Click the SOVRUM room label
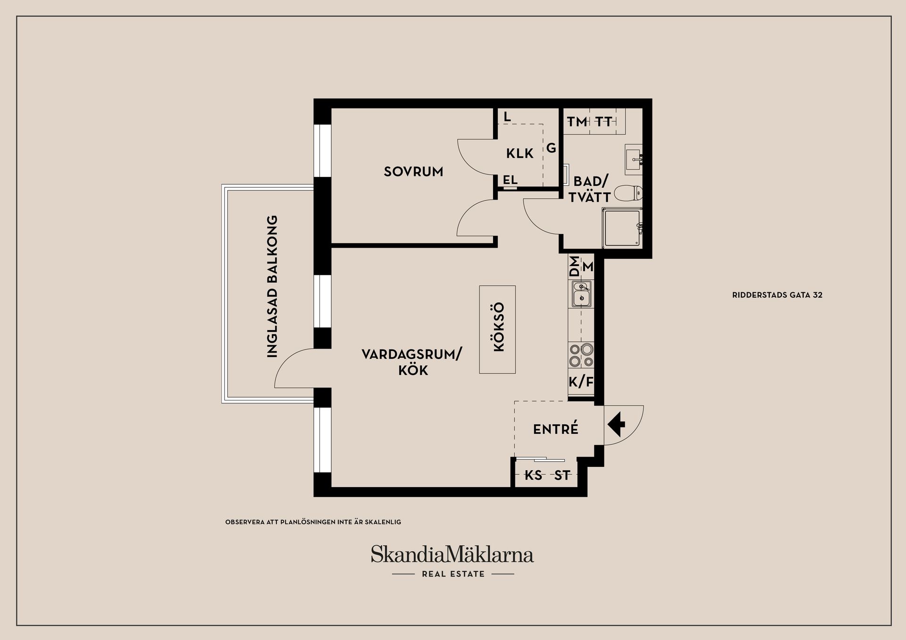point(413,171)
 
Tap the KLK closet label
point(520,153)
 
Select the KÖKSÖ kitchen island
point(497,329)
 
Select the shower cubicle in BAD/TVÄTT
point(622,228)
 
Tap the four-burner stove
point(581,355)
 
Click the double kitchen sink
point(581,293)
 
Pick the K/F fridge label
point(580,382)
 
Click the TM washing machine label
point(577,122)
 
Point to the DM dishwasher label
point(574,266)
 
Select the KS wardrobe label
point(533,475)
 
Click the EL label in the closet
point(510,180)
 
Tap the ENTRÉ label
point(555,429)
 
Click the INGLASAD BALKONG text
point(272,286)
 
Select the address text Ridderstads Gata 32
point(777,295)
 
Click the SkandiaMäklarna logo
point(452,555)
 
